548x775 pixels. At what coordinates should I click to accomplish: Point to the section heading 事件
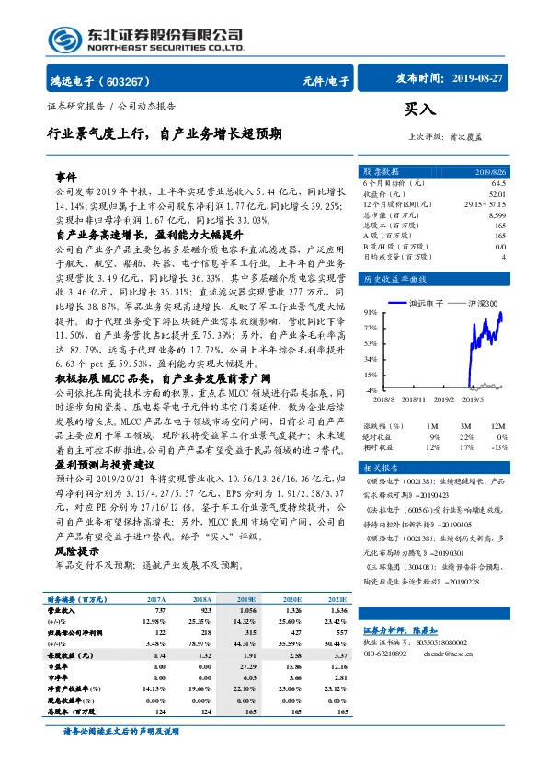[x=66, y=176]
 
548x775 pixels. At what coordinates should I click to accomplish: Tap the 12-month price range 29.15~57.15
[x=486, y=204]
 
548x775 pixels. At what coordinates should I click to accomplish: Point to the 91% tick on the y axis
[x=370, y=312]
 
